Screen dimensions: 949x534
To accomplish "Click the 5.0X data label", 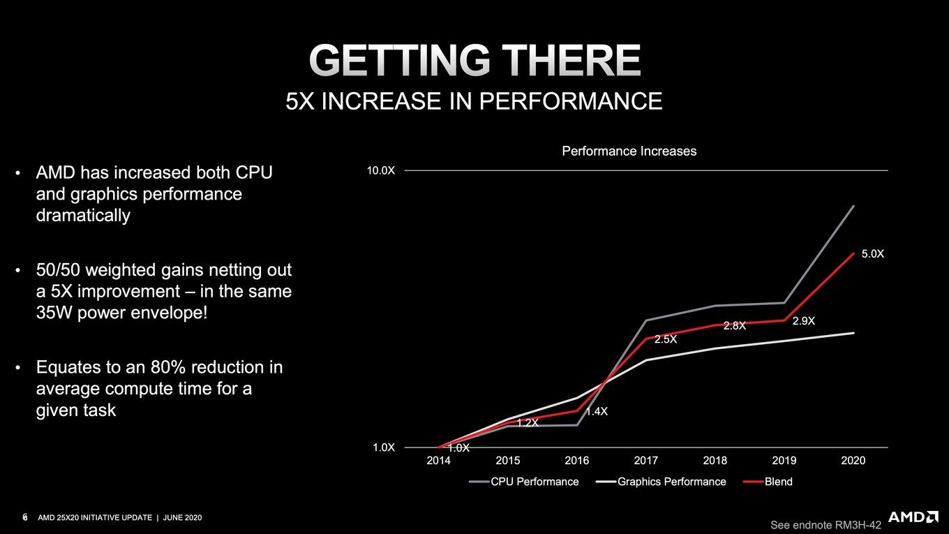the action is click(x=873, y=254).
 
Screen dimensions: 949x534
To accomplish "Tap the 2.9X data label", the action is click(x=804, y=321).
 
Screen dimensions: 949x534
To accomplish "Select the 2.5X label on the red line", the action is click(x=666, y=339).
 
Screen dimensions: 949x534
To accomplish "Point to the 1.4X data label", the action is click(x=597, y=411).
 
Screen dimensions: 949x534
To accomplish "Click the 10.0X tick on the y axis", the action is click(x=380, y=171).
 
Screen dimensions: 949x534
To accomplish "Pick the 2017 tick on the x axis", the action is click(x=645, y=460).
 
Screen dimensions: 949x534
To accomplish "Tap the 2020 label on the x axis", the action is click(x=853, y=460).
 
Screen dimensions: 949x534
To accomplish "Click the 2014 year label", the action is click(x=438, y=460).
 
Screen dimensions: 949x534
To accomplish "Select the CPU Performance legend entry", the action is click(x=524, y=482).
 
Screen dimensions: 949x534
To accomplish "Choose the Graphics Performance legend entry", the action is click(x=661, y=482).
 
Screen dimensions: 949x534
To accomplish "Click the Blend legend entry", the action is click(x=768, y=482).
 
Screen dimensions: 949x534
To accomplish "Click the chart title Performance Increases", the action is click(x=629, y=151).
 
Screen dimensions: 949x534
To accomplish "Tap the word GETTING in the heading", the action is click(x=400, y=60).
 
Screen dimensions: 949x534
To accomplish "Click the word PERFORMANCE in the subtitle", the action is click(x=570, y=101).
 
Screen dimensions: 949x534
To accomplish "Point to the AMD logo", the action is click(x=911, y=517).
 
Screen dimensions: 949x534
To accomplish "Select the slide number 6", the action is click(x=25, y=517).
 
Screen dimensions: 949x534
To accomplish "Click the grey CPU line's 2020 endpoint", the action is click(x=853, y=206).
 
